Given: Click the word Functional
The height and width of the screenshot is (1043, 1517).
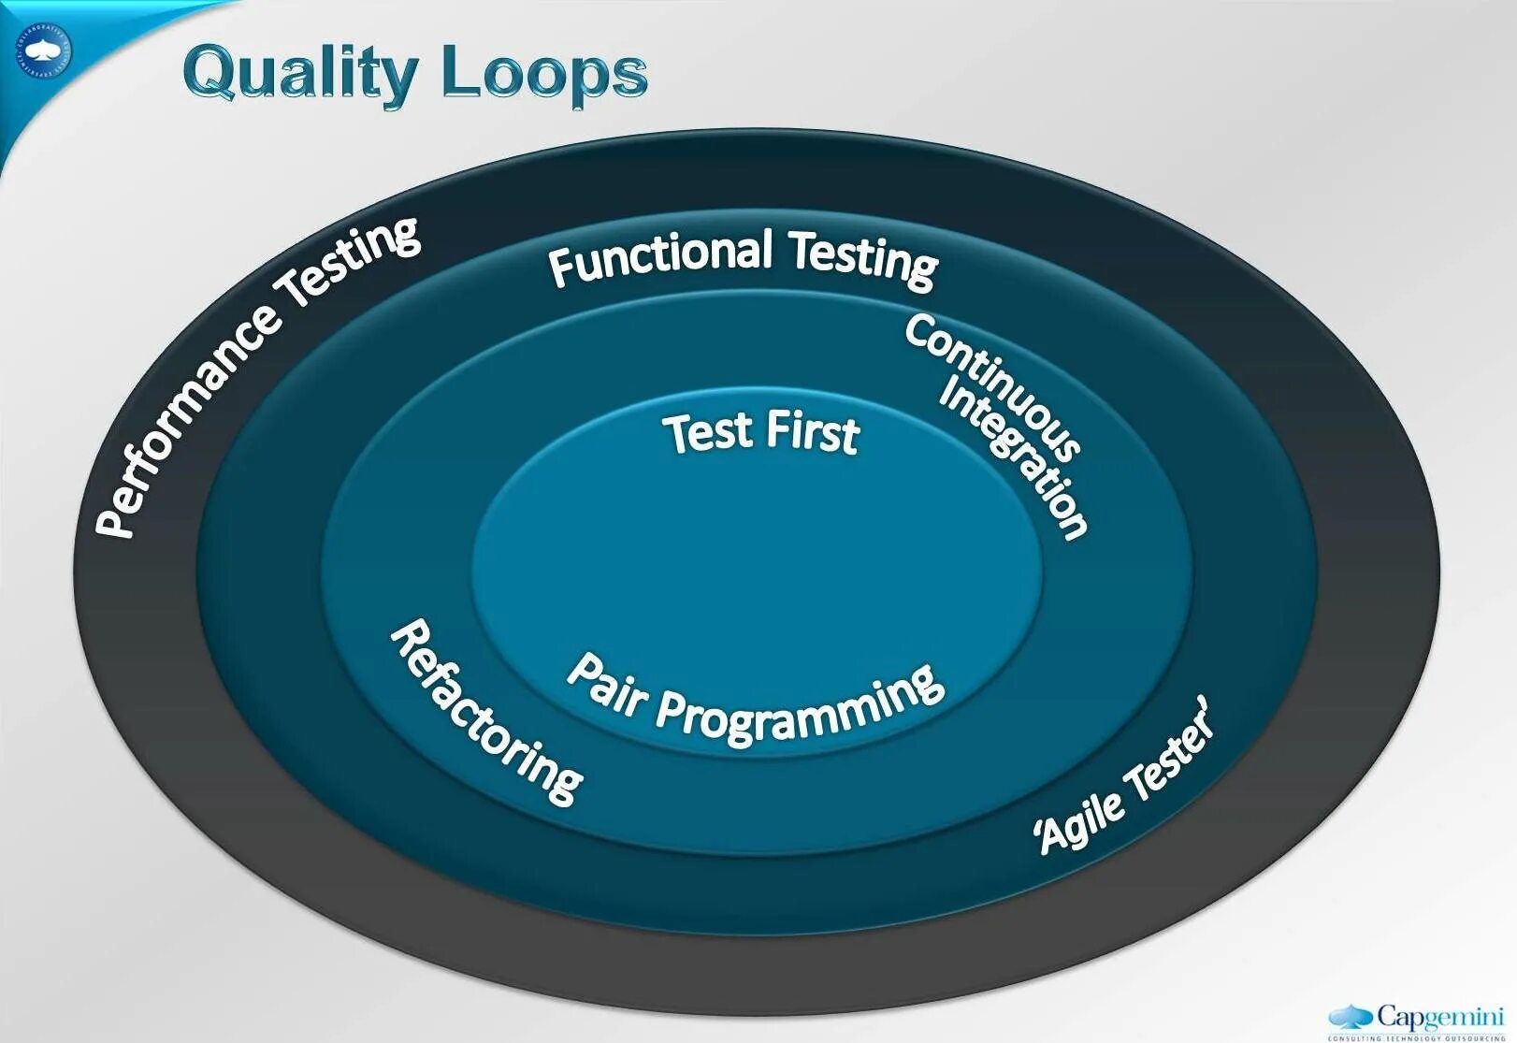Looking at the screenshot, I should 659,254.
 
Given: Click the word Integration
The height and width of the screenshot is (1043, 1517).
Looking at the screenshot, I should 1015,458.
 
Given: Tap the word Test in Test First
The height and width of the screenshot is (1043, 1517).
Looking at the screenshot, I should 708,432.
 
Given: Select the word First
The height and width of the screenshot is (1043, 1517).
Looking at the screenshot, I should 811,432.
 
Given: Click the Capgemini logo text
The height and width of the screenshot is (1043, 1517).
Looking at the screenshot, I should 1438,1017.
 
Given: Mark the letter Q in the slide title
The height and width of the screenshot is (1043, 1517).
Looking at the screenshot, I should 212,73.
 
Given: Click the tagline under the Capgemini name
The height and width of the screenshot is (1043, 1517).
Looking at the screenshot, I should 1415,1036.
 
